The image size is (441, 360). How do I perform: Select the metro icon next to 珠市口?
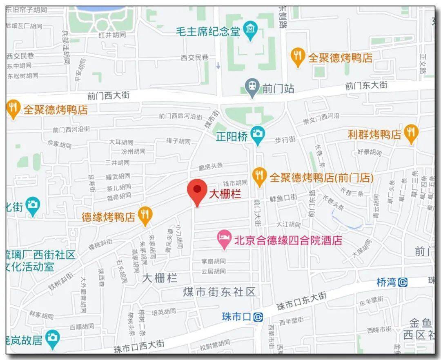click(258, 316)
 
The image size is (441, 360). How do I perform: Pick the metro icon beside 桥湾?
click(403, 282)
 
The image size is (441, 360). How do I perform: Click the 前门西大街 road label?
click(108, 95)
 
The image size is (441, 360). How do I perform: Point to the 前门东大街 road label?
click(366, 86)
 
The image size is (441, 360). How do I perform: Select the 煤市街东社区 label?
click(219, 291)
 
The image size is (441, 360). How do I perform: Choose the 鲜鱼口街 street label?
click(283, 198)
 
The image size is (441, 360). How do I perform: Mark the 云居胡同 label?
click(214, 271)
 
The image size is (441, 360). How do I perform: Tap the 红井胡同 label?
click(112, 35)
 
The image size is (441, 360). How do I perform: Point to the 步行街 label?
click(285, 140)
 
